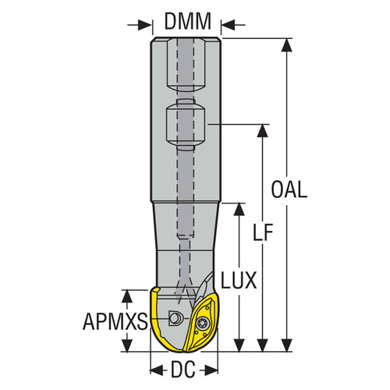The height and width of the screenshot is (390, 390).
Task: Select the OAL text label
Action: pos(289,190)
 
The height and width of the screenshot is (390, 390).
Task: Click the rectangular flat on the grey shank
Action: pos(187,122)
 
